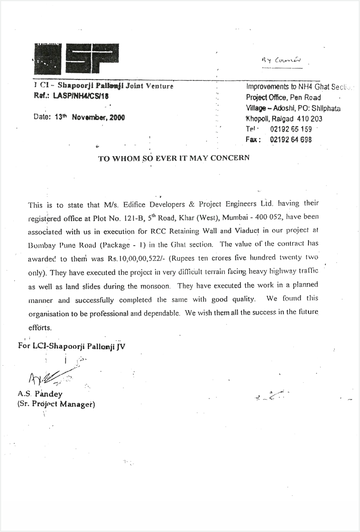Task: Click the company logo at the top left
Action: (x=76, y=58)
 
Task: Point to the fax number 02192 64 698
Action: (x=291, y=140)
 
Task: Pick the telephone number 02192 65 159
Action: (x=291, y=129)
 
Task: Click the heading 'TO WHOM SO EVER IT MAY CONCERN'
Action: (x=174, y=159)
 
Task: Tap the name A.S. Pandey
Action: (x=40, y=394)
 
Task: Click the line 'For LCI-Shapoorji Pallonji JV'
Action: (x=72, y=347)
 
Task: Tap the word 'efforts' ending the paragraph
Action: (x=40, y=327)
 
